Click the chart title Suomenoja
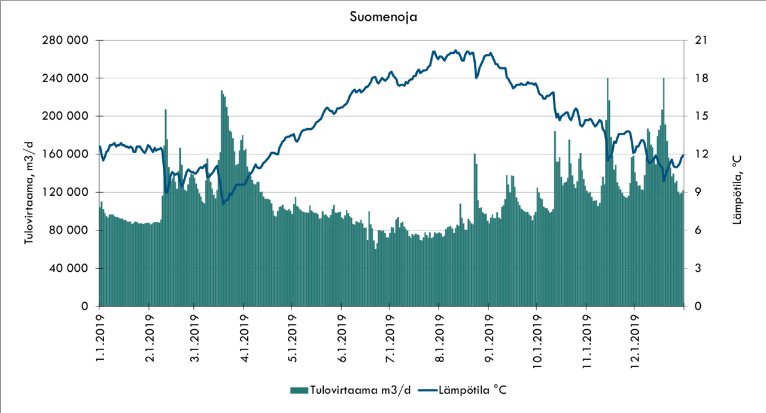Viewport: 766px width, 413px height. (383, 17)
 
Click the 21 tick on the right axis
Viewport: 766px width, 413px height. (700, 40)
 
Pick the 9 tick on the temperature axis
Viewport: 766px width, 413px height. (697, 192)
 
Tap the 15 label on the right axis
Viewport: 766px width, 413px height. (700, 116)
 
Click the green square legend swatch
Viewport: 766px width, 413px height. (298, 390)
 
